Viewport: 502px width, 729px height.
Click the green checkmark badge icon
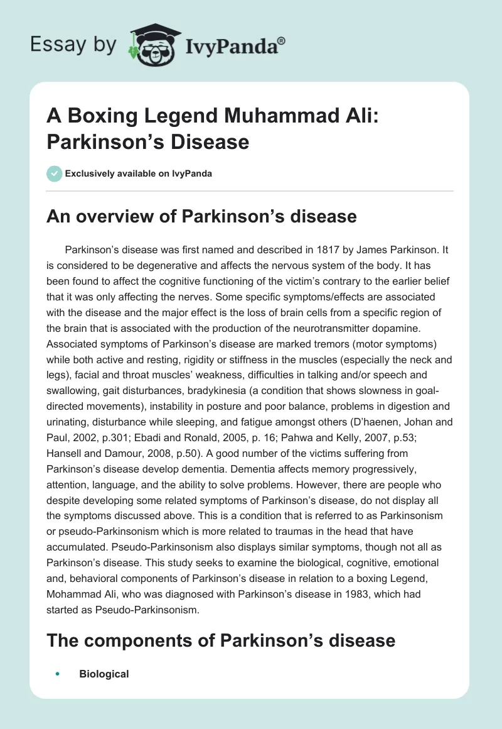pos(55,173)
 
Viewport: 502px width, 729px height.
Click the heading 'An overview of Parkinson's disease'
pos(202,217)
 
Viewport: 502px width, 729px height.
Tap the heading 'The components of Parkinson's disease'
pos(222,640)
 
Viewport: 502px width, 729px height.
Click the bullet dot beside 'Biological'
pos(57,674)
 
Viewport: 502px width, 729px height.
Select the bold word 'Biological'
pos(104,674)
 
